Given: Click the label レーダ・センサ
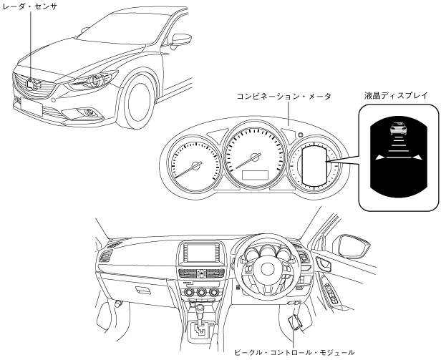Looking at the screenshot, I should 29,6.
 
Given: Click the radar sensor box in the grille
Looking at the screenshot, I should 31,82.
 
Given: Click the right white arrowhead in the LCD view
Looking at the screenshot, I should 417,157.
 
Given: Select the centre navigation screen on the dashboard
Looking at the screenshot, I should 198,253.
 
